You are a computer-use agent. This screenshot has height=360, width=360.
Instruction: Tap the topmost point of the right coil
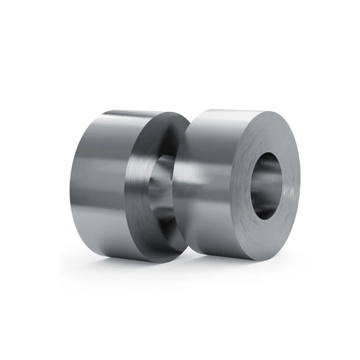238,108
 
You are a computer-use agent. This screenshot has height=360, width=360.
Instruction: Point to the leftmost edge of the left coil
70,184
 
